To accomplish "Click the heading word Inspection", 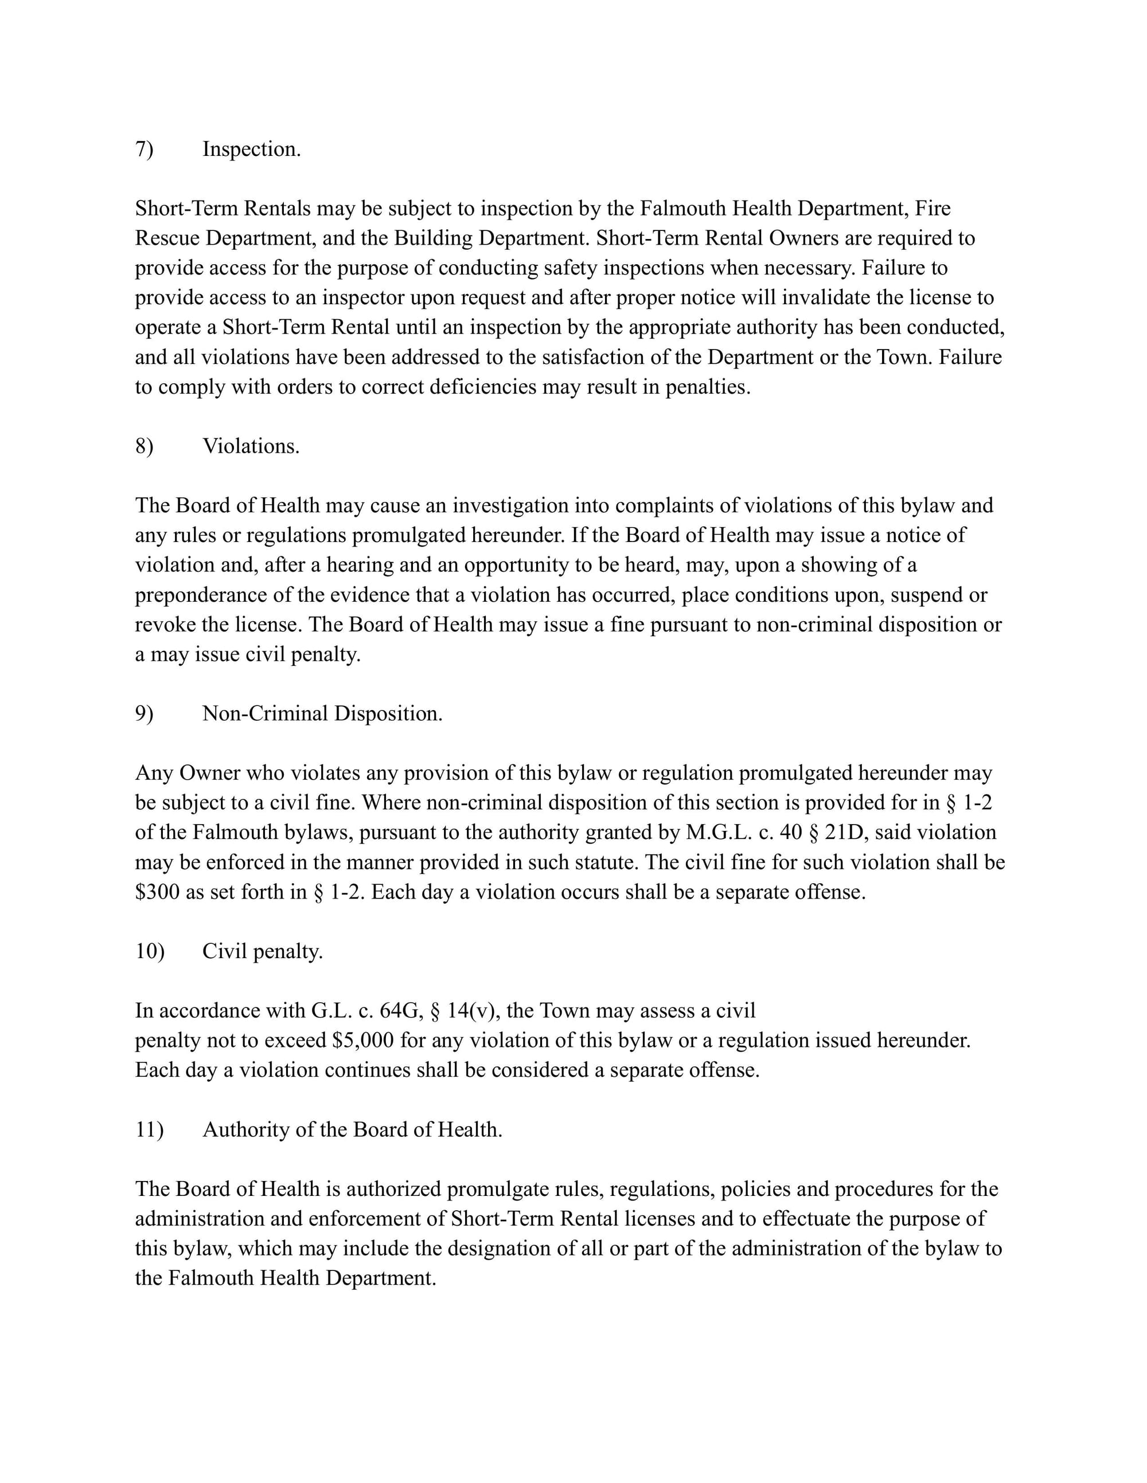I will (x=251, y=150).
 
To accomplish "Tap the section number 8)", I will (x=144, y=446).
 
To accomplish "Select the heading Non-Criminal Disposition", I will (x=322, y=713).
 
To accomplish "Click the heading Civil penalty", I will (x=262, y=951).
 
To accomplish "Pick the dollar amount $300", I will (x=158, y=892).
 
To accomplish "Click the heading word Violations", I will (x=251, y=446).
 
